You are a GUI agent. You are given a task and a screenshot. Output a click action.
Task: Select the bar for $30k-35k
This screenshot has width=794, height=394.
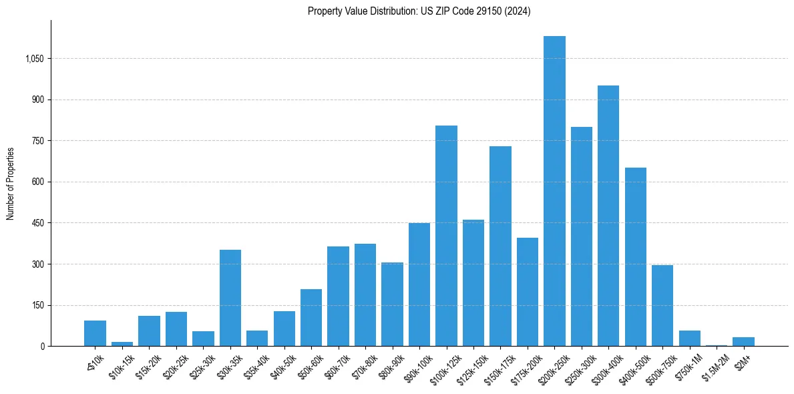pyautogui.click(x=230, y=298)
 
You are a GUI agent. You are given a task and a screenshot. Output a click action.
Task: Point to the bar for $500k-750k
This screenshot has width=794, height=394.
pyautogui.click(x=662, y=305)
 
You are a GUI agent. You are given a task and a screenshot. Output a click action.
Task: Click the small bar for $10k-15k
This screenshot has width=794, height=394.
pyautogui.click(x=122, y=344)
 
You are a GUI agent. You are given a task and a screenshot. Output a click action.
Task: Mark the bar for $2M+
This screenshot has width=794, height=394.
pyautogui.click(x=743, y=342)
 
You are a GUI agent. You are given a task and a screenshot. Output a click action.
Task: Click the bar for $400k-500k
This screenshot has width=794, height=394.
pyautogui.click(x=636, y=256)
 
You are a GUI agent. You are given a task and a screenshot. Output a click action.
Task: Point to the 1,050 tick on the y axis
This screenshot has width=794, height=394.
pyautogui.click(x=34, y=59)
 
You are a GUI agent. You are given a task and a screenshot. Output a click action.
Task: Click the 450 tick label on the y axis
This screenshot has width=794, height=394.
pyautogui.click(x=38, y=223)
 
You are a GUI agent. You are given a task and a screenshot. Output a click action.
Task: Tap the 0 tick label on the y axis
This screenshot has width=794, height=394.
pyautogui.click(x=42, y=347)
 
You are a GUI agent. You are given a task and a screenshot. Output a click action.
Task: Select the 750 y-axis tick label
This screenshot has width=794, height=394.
pyautogui.click(x=38, y=141)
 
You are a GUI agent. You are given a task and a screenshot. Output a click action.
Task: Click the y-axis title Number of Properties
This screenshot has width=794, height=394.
pyautogui.click(x=11, y=183)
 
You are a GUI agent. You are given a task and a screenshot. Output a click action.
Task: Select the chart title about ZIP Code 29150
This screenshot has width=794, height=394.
pyautogui.click(x=419, y=11)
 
